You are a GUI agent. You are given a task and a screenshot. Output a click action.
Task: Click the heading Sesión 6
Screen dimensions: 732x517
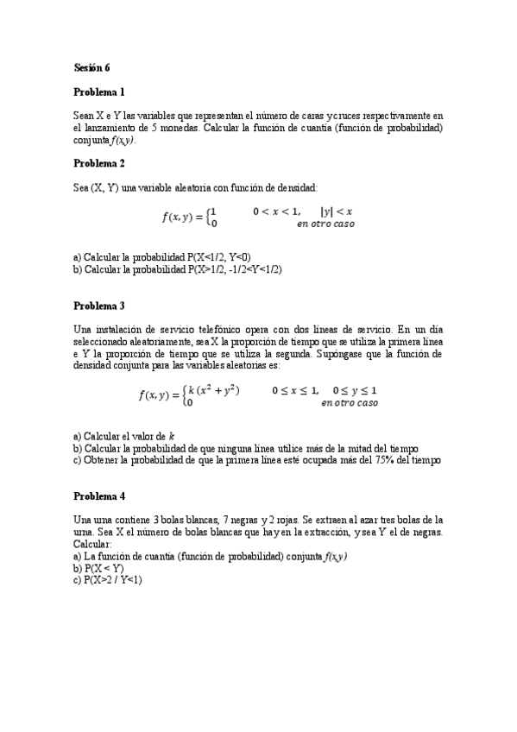tap(91, 66)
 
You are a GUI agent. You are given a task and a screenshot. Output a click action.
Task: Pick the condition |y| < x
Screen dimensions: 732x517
tap(337, 211)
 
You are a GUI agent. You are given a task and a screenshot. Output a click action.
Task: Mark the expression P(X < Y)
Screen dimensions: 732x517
tap(104, 568)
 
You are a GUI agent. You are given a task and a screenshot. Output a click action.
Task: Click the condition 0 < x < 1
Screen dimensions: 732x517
tap(276, 211)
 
